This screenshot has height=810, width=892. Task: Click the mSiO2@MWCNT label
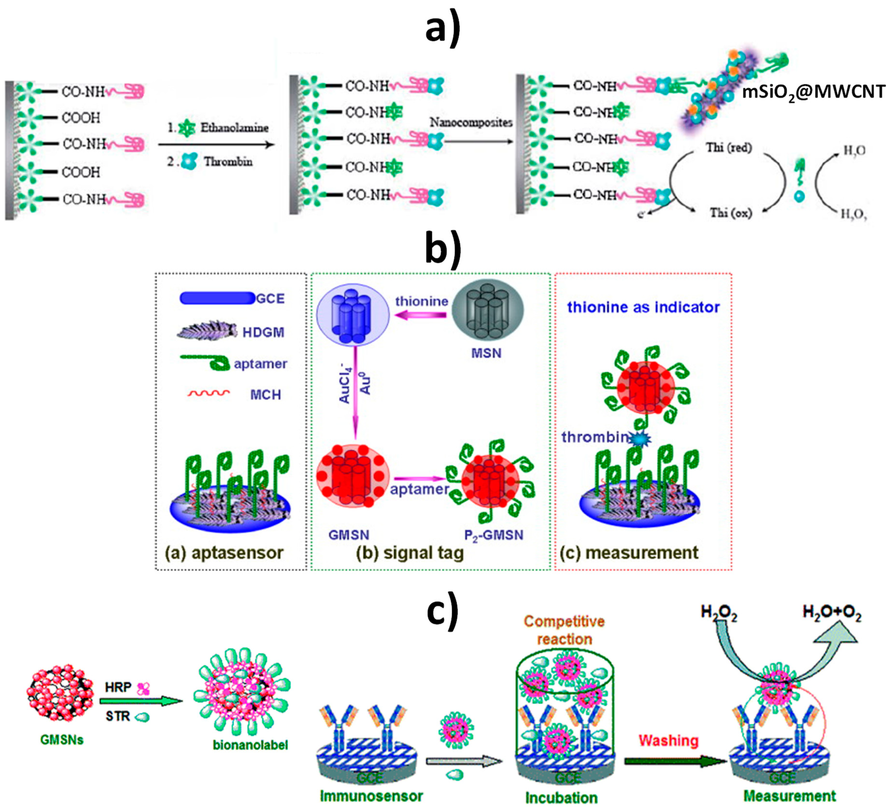[x=813, y=92]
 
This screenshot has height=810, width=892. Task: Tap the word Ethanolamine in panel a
[x=235, y=128]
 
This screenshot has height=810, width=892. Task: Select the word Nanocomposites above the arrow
[x=471, y=122]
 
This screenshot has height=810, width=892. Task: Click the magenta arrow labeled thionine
[x=420, y=315]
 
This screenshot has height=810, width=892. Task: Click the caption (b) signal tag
[x=410, y=553]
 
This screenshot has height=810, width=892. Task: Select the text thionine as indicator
[x=643, y=307]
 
